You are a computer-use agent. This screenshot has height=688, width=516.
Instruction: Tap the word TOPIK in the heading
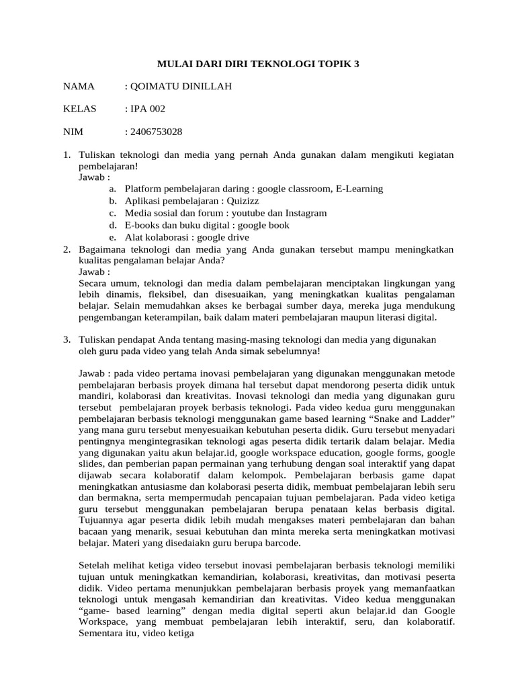click(330, 64)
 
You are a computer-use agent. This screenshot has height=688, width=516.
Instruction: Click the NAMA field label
click(79, 87)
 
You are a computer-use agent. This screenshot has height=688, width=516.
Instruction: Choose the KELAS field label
click(80, 109)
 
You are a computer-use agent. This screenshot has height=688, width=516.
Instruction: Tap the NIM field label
click(73, 131)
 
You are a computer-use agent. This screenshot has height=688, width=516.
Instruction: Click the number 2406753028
click(158, 131)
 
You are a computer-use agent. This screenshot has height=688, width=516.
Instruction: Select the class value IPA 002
click(148, 109)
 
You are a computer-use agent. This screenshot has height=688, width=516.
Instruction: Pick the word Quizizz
click(242, 201)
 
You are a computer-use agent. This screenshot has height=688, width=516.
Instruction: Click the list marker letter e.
click(111, 237)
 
